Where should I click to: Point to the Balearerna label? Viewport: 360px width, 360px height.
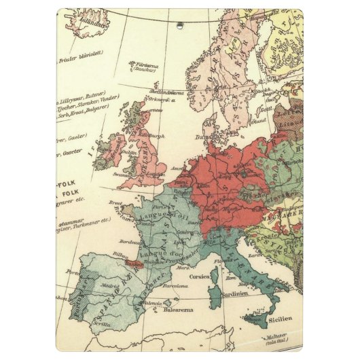coord(179,310)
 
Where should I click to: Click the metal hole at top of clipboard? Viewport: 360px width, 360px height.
coord(180,26)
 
